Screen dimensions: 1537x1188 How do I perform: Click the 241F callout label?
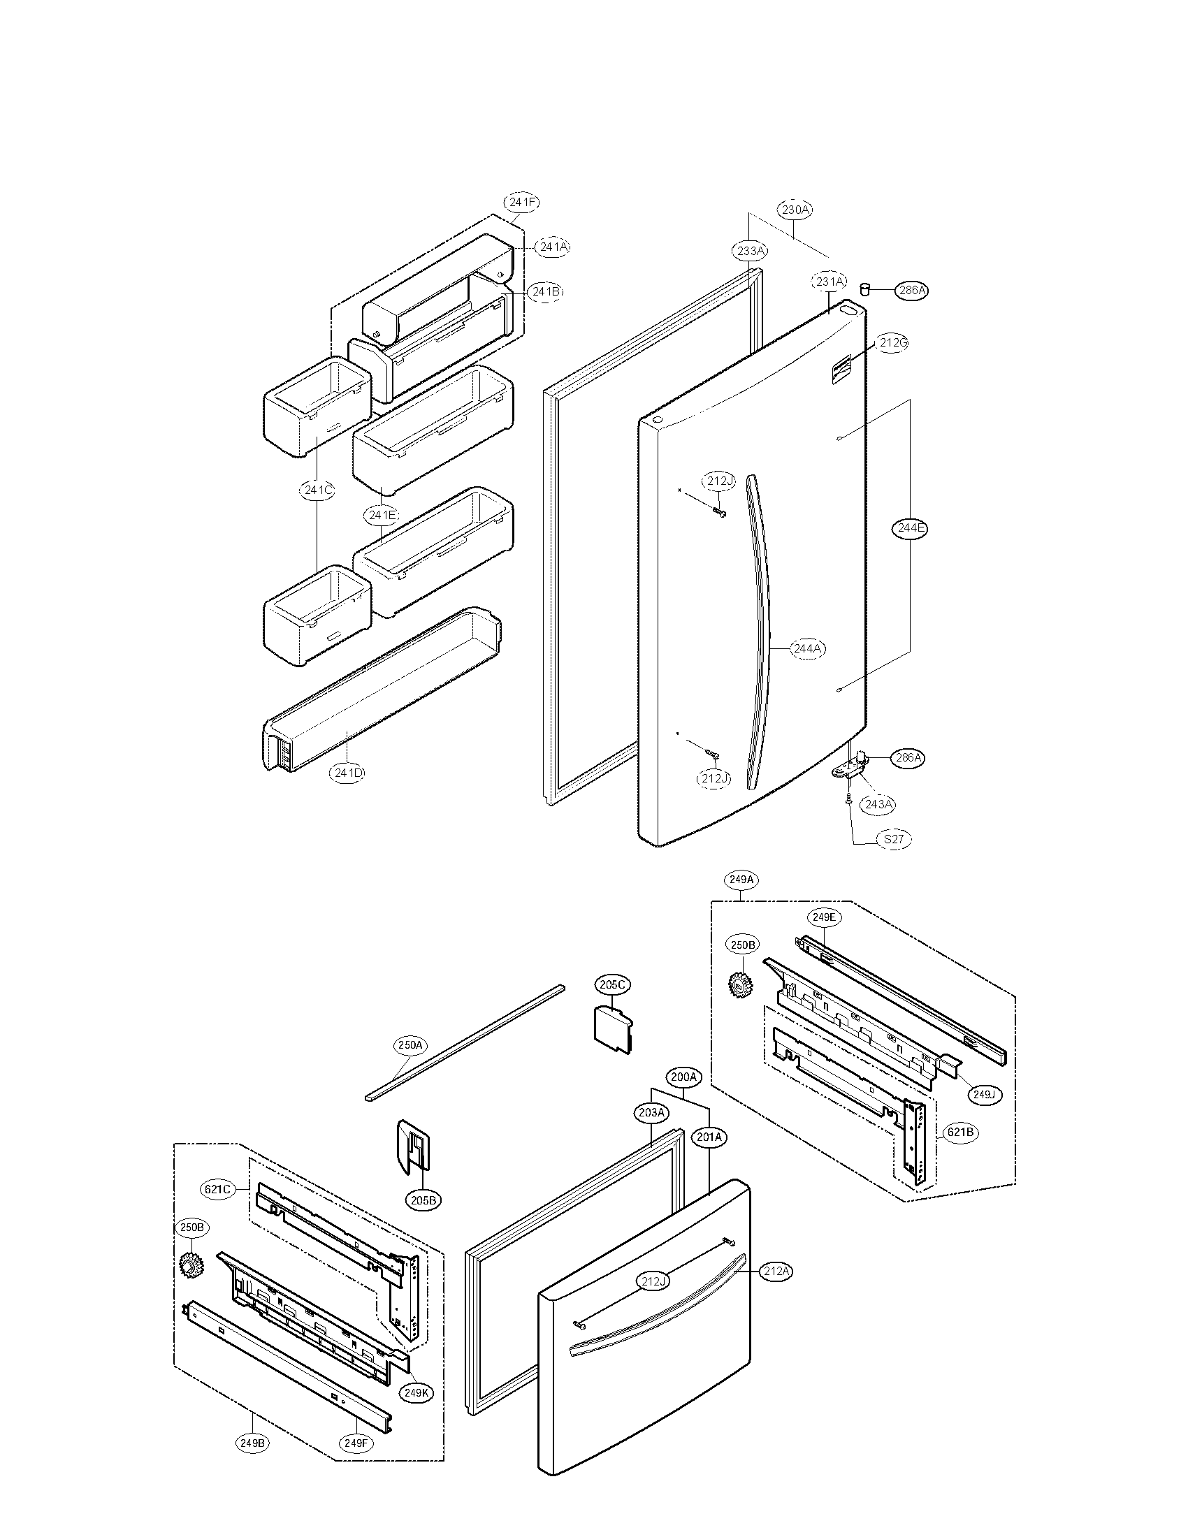click(x=521, y=203)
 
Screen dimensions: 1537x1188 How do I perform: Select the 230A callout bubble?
click(x=795, y=210)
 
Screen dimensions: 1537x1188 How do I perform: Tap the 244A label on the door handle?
click(x=806, y=648)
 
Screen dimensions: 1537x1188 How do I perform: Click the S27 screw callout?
click(x=893, y=839)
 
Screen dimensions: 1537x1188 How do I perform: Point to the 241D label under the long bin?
click(x=349, y=773)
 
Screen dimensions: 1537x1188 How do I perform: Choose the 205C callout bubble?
click(x=611, y=984)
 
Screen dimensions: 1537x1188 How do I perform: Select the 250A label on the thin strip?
click(x=410, y=1065)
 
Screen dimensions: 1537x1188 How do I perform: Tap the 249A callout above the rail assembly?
click(x=741, y=880)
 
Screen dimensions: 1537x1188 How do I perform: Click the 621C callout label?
click(x=217, y=1189)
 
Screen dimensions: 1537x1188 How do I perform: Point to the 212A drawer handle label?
click(x=776, y=1271)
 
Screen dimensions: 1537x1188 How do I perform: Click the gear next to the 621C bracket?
click(x=188, y=1267)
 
